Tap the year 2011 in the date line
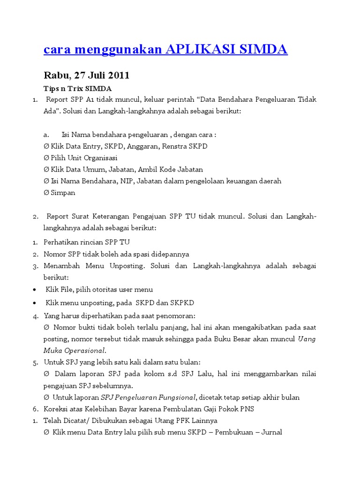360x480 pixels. pyautogui.click(x=119, y=75)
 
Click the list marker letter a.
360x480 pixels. pyautogui.click(x=46, y=135)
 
